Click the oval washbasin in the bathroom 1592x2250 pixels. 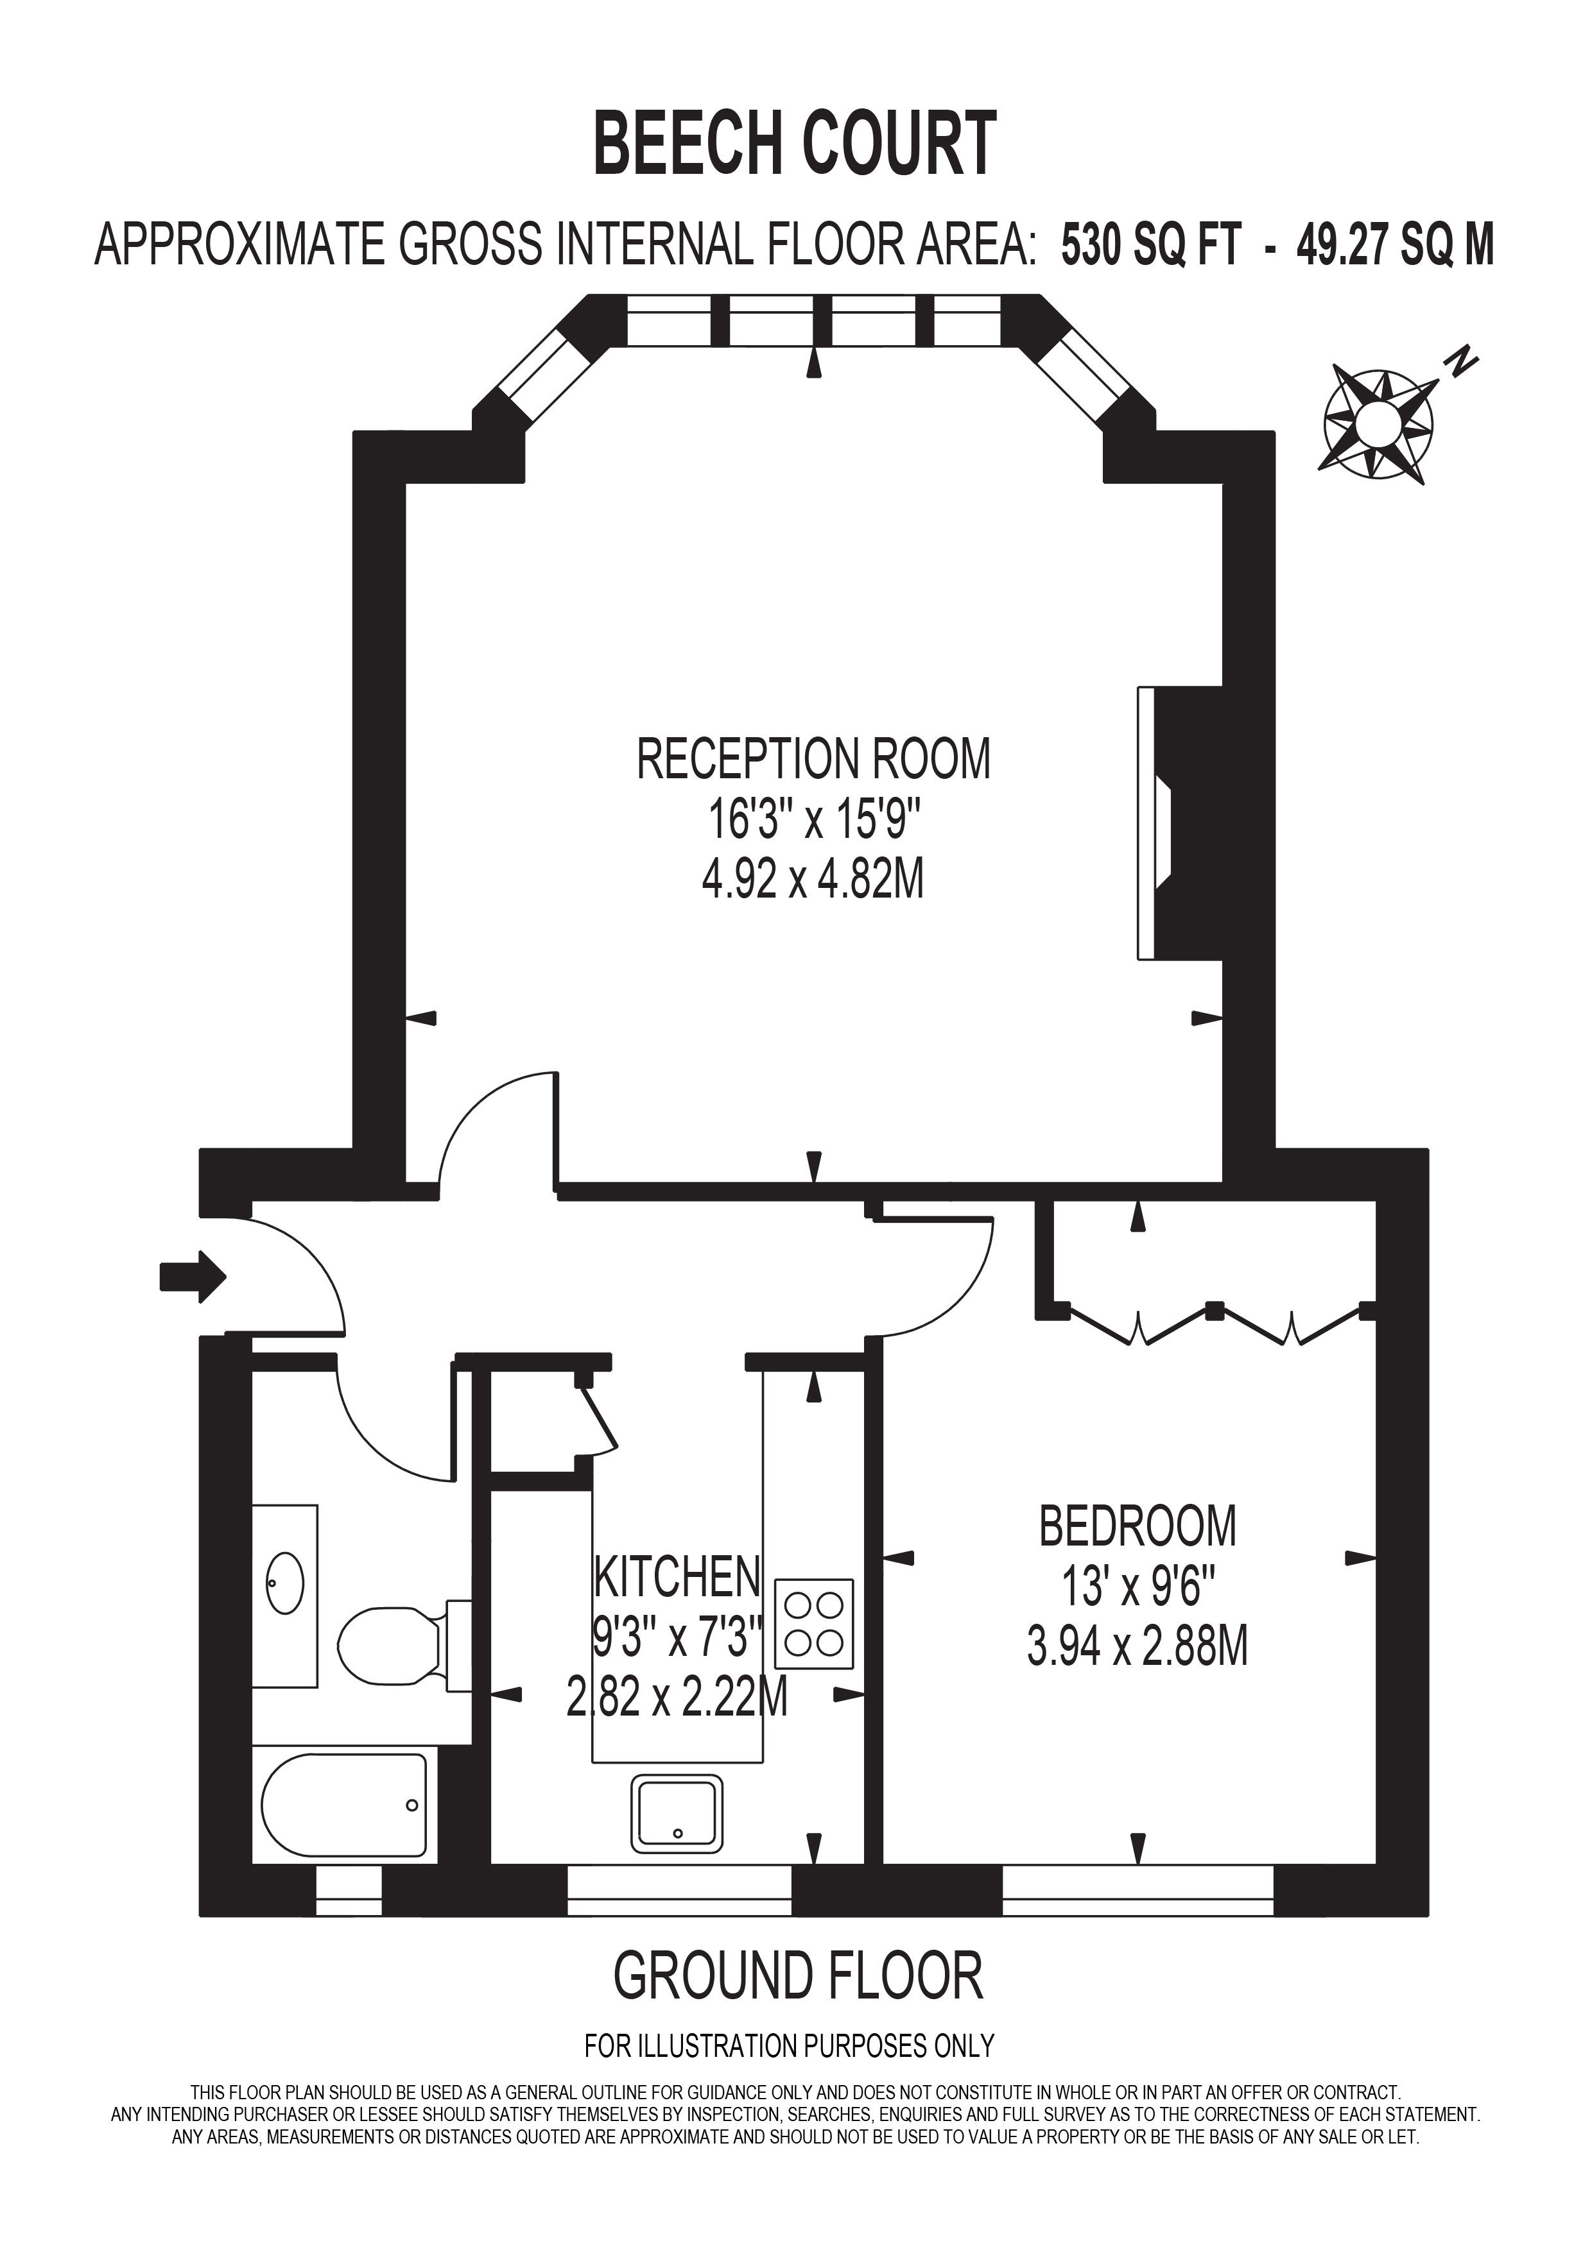(285, 1583)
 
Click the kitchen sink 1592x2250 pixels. (677, 1813)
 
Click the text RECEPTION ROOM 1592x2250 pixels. (813, 760)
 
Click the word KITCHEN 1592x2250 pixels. (677, 1576)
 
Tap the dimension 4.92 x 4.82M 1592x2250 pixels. (813, 880)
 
